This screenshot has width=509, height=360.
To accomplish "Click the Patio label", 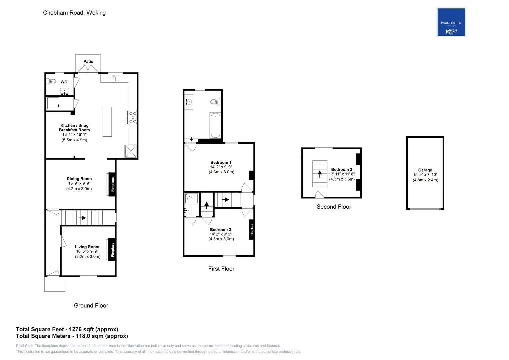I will click(x=88, y=62).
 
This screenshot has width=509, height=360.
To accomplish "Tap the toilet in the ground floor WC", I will click(x=52, y=81).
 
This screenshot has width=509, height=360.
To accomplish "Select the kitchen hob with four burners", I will click(x=132, y=117).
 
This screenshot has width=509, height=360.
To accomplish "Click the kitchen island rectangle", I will click(x=107, y=122).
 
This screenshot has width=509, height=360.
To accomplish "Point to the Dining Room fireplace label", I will click(x=113, y=184).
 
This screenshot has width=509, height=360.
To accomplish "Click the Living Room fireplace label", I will click(x=113, y=249).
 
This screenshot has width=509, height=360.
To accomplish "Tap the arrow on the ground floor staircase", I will click(x=82, y=218).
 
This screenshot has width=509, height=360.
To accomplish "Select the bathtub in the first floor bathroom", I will click(x=215, y=125).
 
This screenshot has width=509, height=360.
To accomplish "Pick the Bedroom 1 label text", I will click(x=221, y=162).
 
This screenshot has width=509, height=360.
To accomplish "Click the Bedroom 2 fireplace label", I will click(x=252, y=229).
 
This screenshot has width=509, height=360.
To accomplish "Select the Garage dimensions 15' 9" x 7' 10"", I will click(x=425, y=175).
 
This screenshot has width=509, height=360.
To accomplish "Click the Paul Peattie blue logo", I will click(x=451, y=22).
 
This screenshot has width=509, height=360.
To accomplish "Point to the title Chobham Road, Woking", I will click(x=74, y=13).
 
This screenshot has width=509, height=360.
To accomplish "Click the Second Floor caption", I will click(x=334, y=207).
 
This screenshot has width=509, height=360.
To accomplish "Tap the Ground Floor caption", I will click(x=91, y=305).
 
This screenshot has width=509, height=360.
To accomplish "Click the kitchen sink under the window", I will click(x=115, y=78).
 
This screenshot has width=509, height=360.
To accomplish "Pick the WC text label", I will click(x=64, y=82).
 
